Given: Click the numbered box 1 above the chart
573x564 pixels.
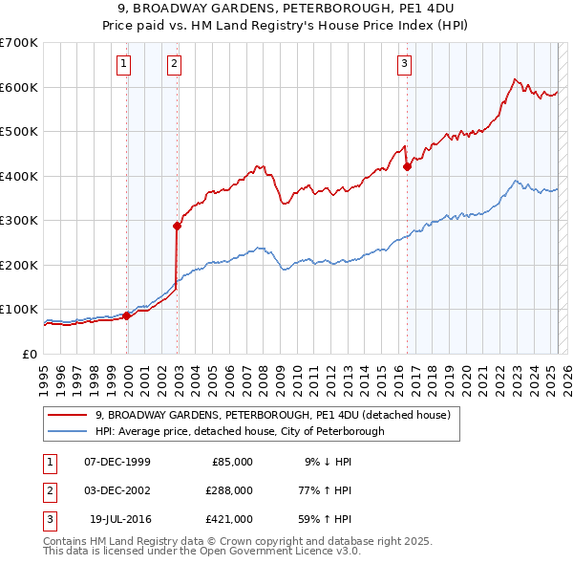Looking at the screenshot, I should click(x=125, y=64).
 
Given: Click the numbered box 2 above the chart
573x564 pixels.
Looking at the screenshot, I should click(x=175, y=64).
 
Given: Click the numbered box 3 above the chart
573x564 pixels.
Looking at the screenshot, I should click(x=405, y=64).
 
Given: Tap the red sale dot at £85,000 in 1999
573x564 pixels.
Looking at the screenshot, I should click(x=127, y=315).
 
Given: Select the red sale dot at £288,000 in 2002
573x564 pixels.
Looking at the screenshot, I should click(x=177, y=227).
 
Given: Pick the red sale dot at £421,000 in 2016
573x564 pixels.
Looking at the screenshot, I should click(x=407, y=166).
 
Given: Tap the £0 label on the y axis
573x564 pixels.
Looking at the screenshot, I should click(x=29, y=354).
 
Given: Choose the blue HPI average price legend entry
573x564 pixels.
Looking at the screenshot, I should click(x=239, y=431).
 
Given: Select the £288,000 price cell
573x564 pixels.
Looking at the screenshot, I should click(x=229, y=490).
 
